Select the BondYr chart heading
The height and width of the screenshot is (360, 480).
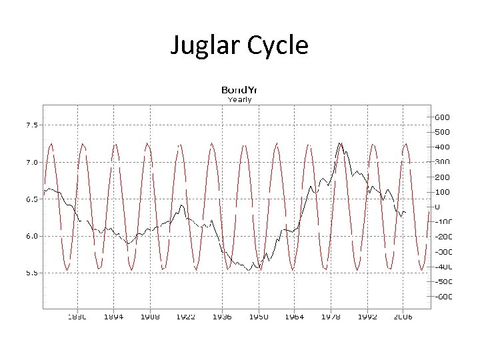239,90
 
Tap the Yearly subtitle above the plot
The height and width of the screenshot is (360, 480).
239,99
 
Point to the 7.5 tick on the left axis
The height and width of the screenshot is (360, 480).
31,125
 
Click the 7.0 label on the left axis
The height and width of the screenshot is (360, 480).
31,162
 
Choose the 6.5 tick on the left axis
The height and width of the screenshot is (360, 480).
31,199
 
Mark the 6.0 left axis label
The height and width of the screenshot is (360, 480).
31,235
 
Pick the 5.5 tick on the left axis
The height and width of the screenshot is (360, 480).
31,272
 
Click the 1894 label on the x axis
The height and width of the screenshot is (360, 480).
113,317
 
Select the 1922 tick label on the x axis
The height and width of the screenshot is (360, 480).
185,317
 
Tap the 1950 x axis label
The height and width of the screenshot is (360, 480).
258,317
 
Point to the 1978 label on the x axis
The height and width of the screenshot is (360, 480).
331,317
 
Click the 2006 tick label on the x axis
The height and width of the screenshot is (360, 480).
403,317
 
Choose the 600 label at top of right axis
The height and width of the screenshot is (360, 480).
442,117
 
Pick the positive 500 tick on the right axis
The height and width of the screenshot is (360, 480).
442,132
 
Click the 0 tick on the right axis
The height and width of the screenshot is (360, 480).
438,207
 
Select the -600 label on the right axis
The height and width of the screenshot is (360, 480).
442,297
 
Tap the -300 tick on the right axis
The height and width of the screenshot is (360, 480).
442,252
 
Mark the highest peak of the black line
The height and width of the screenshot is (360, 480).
340,143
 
